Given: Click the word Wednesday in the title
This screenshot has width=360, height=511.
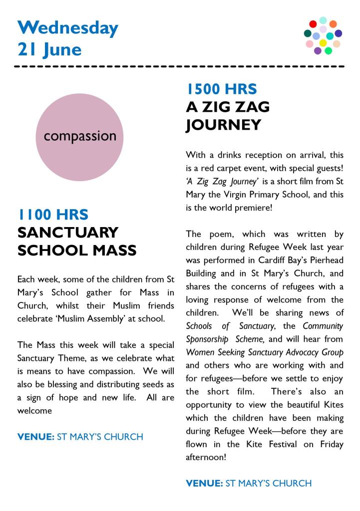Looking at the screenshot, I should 68,27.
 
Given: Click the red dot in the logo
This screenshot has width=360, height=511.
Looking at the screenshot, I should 313,23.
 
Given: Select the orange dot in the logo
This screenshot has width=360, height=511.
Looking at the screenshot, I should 333,24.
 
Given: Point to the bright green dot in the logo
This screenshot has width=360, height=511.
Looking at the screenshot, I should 328,50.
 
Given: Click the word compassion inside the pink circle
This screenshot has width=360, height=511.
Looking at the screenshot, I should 80,136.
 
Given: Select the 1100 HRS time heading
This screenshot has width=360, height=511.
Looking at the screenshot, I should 53,215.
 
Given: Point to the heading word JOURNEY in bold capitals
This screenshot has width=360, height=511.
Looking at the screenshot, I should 224,124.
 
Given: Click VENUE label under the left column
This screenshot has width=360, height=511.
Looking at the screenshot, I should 36,437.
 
